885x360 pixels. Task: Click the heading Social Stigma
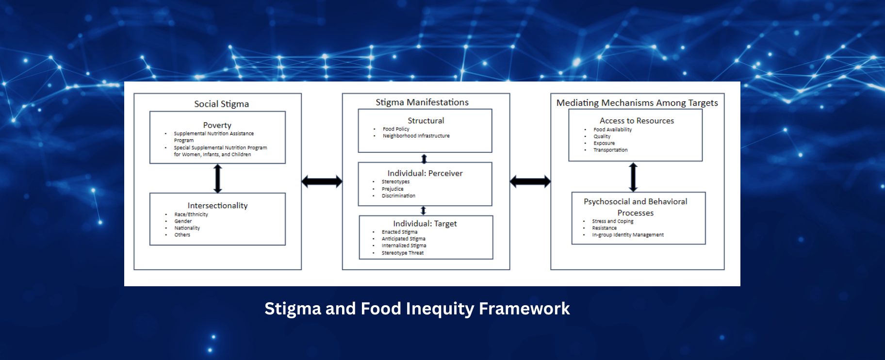(x=221, y=104)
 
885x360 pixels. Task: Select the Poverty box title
(x=217, y=125)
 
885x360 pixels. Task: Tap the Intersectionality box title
(x=217, y=206)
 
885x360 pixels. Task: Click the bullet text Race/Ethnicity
(x=191, y=214)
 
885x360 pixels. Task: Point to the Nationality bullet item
(x=187, y=228)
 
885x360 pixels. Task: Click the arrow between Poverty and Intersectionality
(x=218, y=178)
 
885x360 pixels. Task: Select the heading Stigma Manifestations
(x=422, y=102)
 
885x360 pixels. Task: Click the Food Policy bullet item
(x=396, y=129)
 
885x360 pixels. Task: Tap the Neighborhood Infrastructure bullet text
(x=416, y=136)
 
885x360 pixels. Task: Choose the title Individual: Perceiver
(x=425, y=173)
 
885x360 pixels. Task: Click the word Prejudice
(x=393, y=189)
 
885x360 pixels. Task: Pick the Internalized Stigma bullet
(x=404, y=245)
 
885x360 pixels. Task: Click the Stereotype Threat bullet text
(x=403, y=253)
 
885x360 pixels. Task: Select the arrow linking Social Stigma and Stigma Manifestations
(x=322, y=181)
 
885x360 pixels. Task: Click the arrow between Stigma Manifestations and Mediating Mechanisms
(x=530, y=181)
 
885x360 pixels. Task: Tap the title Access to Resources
(x=637, y=121)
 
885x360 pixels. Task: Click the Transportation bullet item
(x=610, y=150)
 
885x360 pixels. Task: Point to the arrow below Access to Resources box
(x=633, y=177)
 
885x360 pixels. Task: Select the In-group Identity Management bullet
(x=628, y=235)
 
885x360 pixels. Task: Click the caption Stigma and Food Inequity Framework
(x=417, y=309)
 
